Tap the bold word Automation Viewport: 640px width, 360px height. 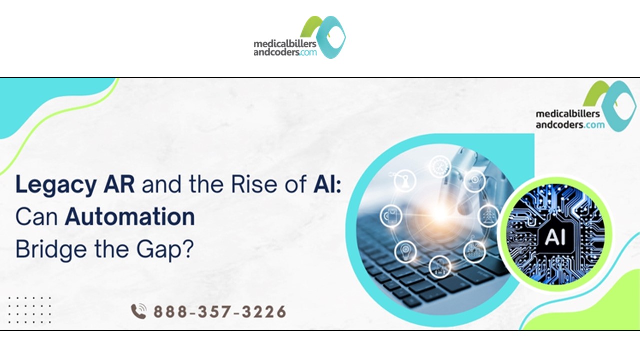coord(130,217)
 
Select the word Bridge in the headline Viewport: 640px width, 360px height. coord(44,248)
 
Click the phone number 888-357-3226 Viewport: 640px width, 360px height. coord(220,312)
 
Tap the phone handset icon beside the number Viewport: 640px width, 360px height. coord(139,312)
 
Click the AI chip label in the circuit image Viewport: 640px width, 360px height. coord(555,237)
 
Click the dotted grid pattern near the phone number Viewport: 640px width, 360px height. coord(30,310)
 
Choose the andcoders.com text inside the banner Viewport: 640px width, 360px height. coord(570,125)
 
